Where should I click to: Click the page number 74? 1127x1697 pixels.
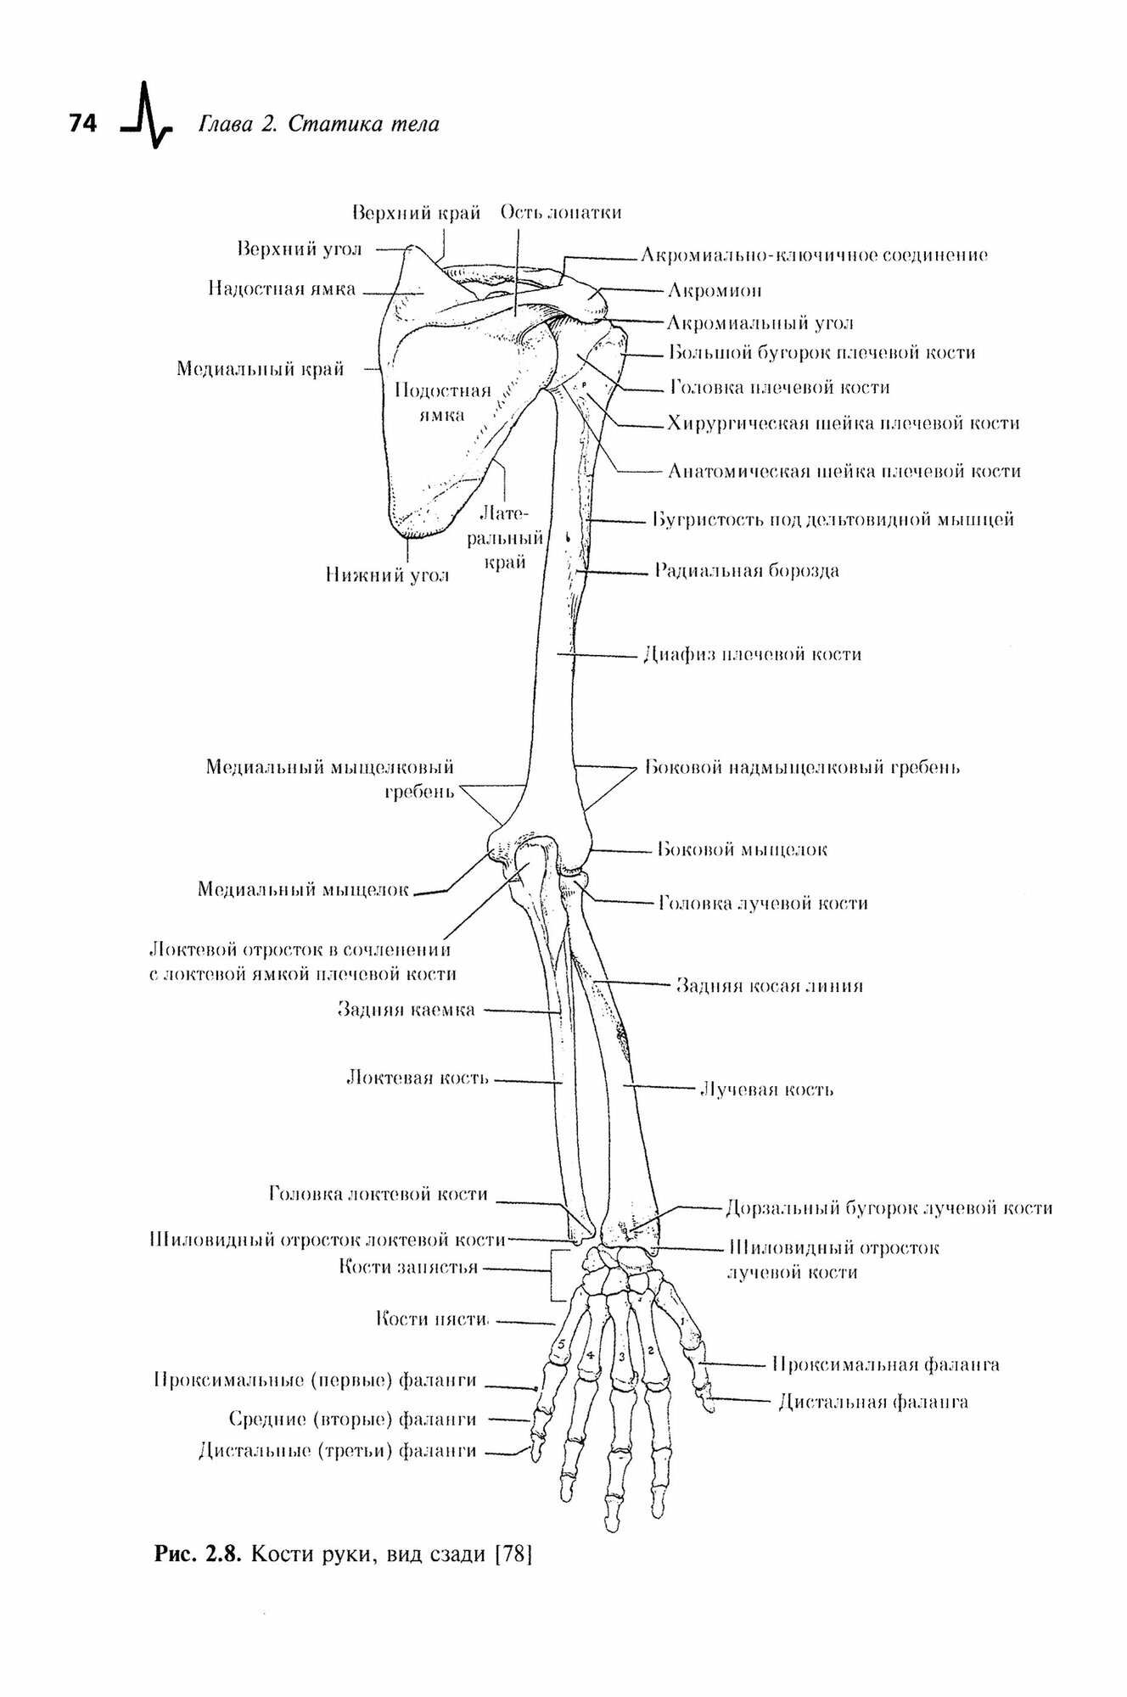83,124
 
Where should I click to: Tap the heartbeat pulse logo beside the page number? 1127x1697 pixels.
147,117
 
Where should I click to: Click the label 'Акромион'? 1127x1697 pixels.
714,291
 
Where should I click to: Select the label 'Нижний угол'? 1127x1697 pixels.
386,575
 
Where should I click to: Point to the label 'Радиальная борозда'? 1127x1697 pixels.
746,570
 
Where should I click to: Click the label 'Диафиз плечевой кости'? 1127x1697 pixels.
753,654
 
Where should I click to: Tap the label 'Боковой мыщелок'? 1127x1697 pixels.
743,849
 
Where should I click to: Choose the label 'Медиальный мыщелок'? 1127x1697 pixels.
303,889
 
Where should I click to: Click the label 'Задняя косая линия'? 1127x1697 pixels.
769,986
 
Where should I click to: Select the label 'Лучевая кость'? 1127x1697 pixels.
765,1089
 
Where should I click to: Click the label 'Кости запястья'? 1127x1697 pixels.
408,1268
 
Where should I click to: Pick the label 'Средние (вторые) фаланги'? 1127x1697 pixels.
352,1442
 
